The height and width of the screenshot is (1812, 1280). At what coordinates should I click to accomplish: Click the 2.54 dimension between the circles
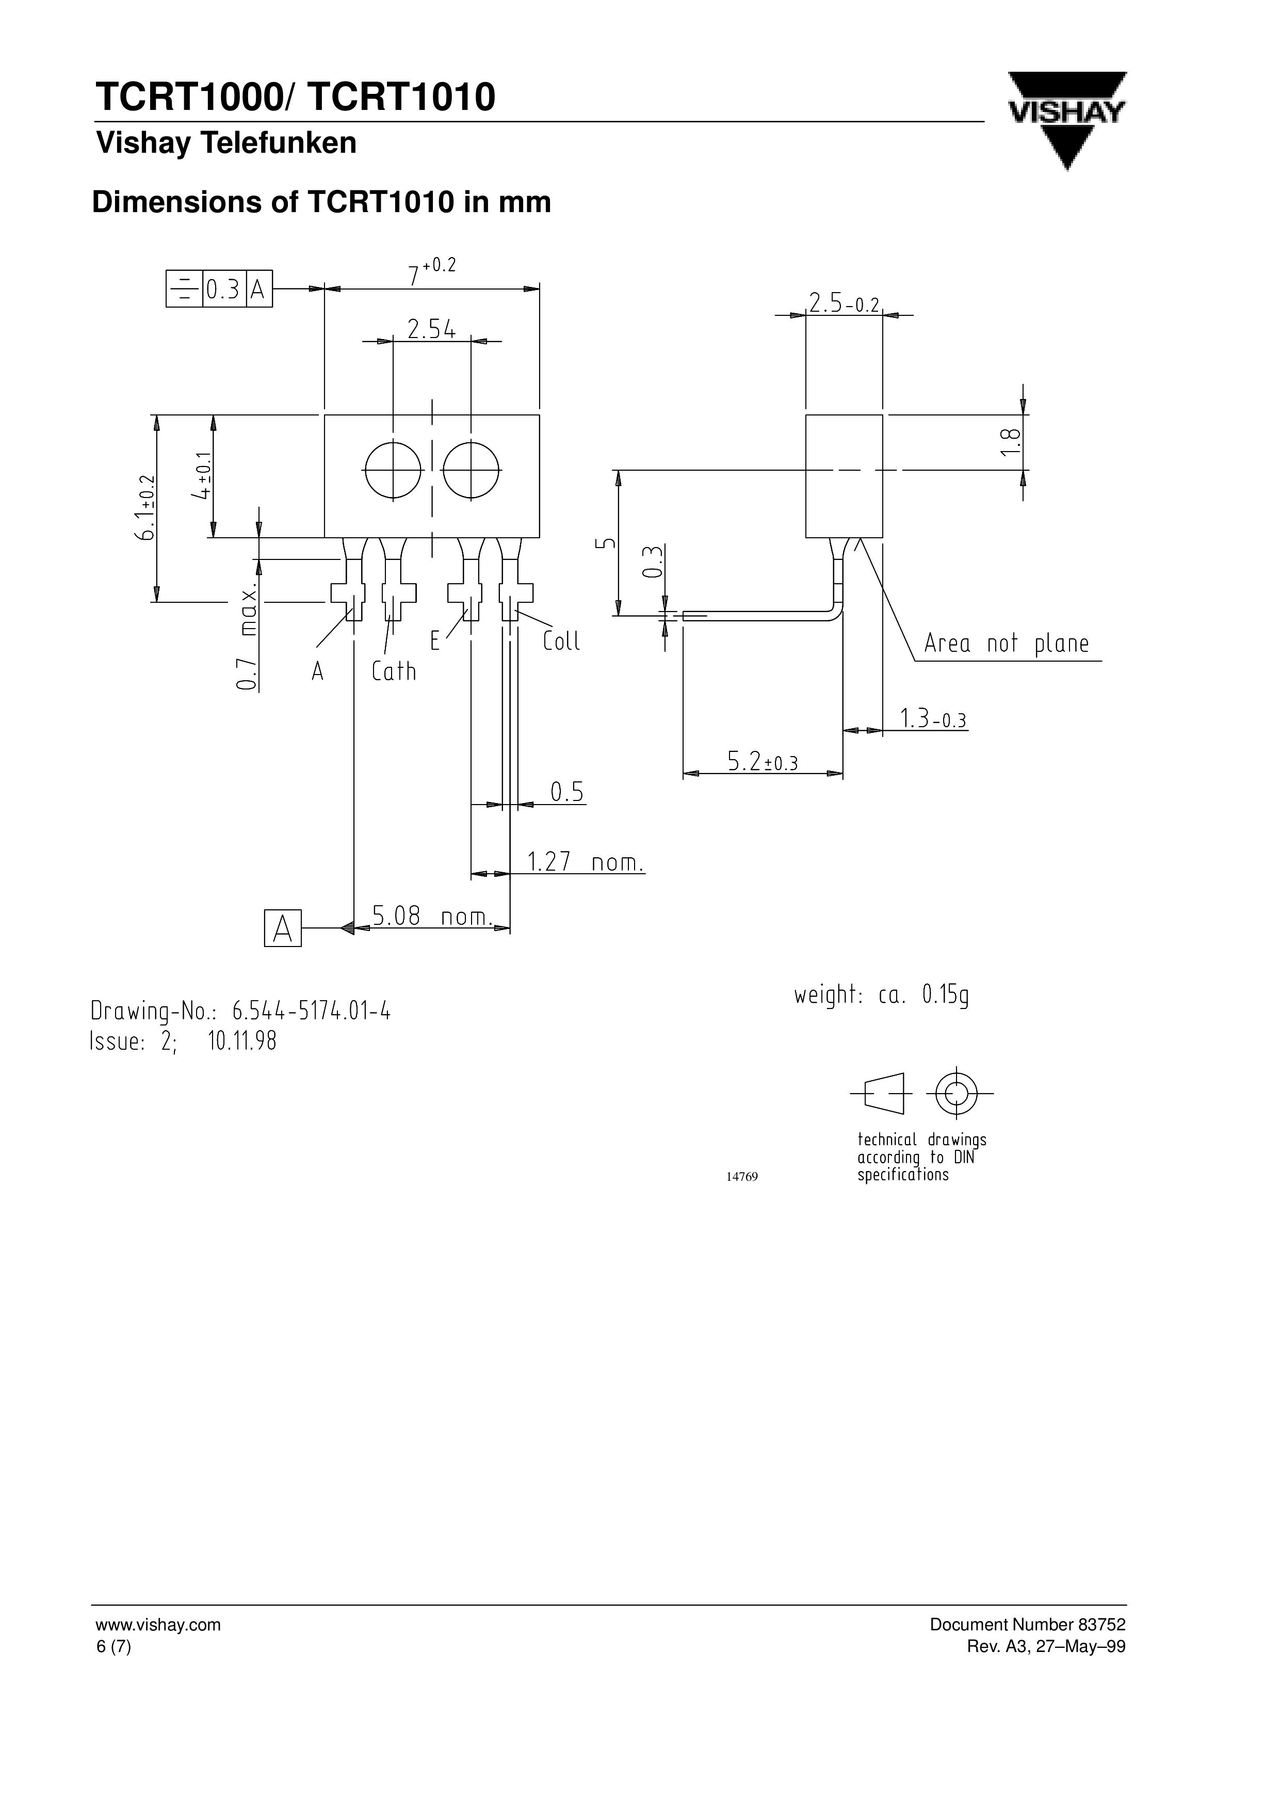pyautogui.click(x=432, y=329)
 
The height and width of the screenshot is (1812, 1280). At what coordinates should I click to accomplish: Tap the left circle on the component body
pyautogui.click(x=393, y=470)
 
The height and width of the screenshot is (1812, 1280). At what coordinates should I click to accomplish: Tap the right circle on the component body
pyautogui.click(x=471, y=470)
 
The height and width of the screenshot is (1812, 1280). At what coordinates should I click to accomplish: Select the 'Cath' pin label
pyautogui.click(x=394, y=671)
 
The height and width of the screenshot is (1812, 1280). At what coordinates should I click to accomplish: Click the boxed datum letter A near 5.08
pyautogui.click(x=283, y=928)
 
